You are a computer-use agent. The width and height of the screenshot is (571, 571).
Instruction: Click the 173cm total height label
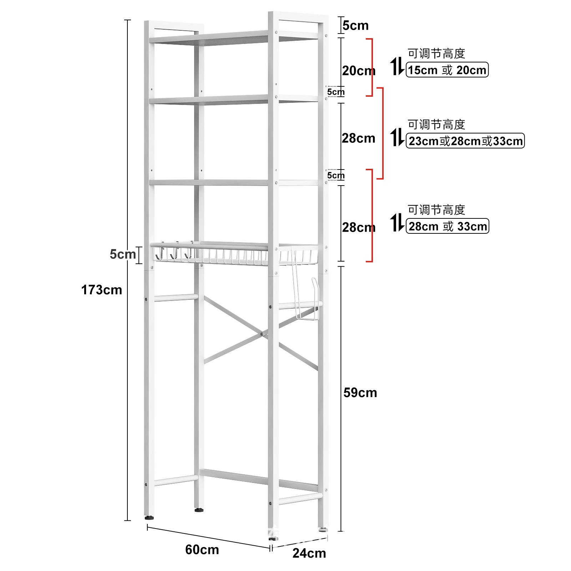pos(102,290)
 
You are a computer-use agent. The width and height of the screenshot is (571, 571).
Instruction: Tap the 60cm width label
pos(202,550)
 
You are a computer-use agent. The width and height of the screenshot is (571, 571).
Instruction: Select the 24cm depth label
pos(309,553)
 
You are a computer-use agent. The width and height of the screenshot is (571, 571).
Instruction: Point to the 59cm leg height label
pos(360,393)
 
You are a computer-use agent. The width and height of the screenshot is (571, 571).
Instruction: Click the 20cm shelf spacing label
pos(358,71)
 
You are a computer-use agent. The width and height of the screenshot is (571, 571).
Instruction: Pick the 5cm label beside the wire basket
pos(123,254)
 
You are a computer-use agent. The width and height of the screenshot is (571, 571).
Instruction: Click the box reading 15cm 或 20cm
pos(447,70)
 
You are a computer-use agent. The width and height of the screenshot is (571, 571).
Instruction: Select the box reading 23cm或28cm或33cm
pos(465,141)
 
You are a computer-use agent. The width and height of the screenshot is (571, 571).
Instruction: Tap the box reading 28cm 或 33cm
pos(448,226)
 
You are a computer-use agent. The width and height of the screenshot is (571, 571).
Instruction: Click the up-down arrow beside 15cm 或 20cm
pos(397,66)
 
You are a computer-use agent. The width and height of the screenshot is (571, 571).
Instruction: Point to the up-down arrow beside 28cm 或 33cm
pos(397,223)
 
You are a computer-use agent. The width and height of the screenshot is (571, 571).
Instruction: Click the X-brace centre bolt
pos(262,334)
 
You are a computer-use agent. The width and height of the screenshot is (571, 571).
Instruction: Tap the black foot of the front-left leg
pos(150,517)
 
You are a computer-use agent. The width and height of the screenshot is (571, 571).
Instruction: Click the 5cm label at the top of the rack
pos(355,26)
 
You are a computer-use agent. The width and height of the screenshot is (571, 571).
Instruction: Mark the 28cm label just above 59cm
pos(358,227)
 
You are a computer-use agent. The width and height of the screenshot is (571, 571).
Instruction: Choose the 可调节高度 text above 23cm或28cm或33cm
pos(436,125)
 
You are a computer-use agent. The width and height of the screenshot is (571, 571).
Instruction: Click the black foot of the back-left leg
pos(199,510)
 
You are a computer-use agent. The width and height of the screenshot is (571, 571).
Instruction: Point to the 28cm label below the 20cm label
pos(358,138)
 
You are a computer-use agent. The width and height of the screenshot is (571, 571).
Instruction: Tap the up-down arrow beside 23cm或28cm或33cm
pos(397,137)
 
